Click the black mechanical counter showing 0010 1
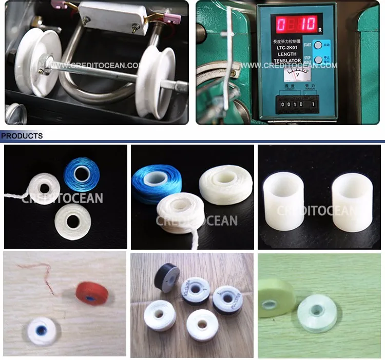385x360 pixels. tap(295, 105)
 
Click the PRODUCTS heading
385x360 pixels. tap(22, 136)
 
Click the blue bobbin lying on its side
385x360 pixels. tap(152, 182)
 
